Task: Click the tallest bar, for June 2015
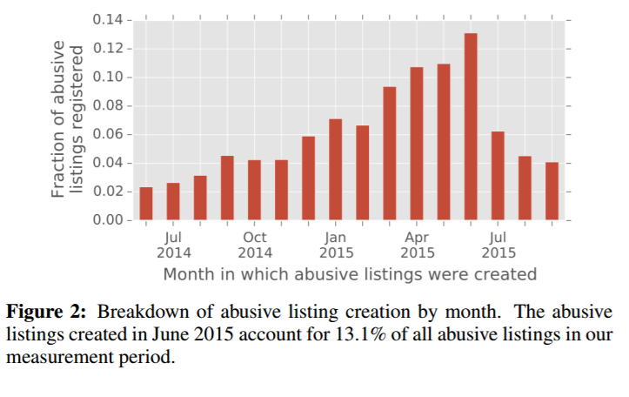click(x=471, y=127)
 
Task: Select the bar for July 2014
click(x=173, y=201)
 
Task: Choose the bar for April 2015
click(x=417, y=144)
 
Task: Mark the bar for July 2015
click(x=498, y=176)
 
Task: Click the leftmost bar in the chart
click(x=146, y=204)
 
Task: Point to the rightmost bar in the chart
click(x=552, y=192)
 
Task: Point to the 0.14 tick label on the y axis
click(x=110, y=20)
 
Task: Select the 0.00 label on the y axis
click(x=110, y=220)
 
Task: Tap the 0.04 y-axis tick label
click(x=110, y=164)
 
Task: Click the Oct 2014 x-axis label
click(x=255, y=245)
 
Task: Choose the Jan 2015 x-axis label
click(x=336, y=245)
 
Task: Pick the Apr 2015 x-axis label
click(x=417, y=245)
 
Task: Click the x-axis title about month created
click(x=350, y=274)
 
